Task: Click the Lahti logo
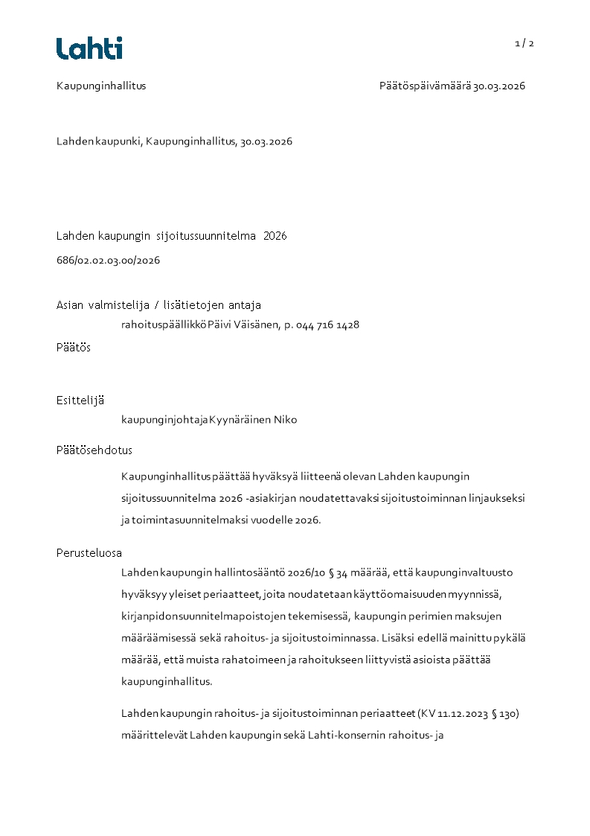89,48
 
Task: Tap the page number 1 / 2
525,43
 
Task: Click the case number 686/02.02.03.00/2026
108,261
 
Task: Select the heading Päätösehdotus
94,450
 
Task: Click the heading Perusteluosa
89,552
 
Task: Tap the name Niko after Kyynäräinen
285,420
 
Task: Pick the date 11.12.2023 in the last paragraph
460,714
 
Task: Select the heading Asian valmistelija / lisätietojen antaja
158,304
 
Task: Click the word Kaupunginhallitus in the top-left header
101,86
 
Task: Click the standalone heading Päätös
74,347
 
